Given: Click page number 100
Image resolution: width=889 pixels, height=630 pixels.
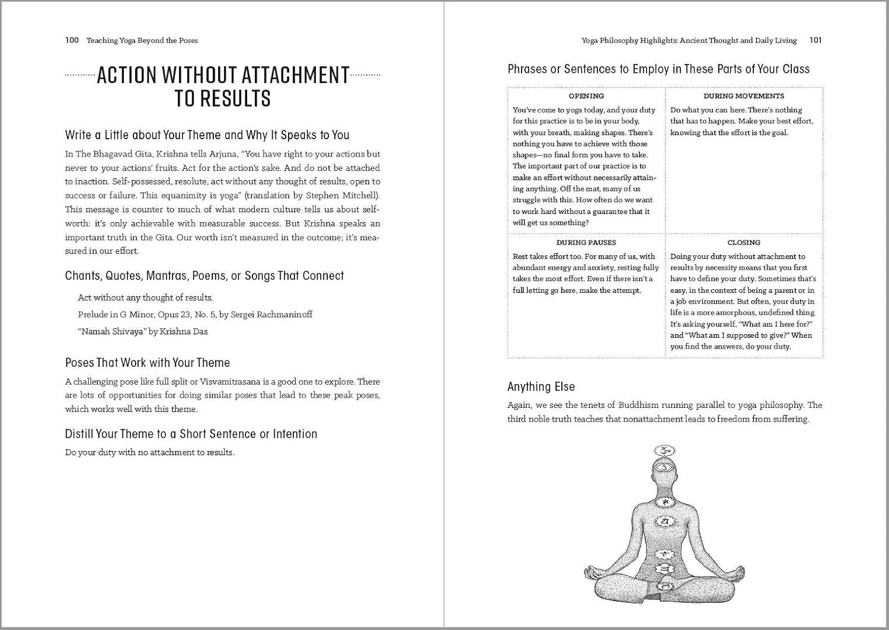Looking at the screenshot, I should (x=72, y=40).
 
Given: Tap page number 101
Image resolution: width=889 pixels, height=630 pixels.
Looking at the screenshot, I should (x=815, y=40).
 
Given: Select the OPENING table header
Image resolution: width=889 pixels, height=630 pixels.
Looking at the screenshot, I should (x=586, y=96).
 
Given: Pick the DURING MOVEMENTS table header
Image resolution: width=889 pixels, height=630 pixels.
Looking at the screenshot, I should (x=743, y=96).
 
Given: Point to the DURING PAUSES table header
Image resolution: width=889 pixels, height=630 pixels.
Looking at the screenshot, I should (x=586, y=242).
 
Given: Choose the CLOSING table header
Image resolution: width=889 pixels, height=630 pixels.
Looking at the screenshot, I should (x=743, y=242).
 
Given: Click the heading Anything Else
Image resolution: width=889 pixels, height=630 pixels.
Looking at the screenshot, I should (x=541, y=386).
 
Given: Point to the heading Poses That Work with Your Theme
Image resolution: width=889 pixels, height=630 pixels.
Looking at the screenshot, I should (x=147, y=363).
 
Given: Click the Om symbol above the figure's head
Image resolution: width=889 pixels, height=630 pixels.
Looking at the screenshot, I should (x=664, y=450).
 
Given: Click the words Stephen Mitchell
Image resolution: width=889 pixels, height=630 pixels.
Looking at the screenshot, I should (x=344, y=196).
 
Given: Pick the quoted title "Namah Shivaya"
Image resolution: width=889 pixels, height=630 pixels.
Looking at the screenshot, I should (x=111, y=331).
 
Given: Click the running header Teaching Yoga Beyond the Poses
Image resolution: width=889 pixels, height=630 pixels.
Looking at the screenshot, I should (x=142, y=40).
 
